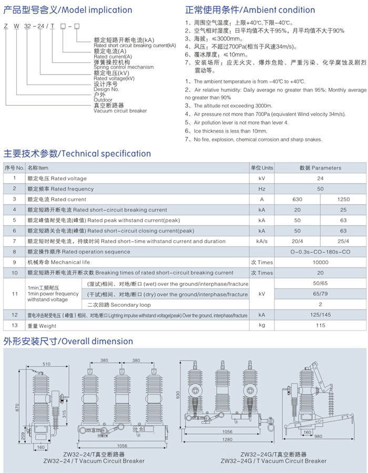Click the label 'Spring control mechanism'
(124, 67)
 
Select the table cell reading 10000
(320, 262)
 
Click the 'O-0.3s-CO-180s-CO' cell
(320, 252)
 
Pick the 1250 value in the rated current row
(343, 199)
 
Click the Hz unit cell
(261, 189)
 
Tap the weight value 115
(320, 326)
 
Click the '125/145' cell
(320, 315)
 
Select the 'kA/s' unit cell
(261, 241)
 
